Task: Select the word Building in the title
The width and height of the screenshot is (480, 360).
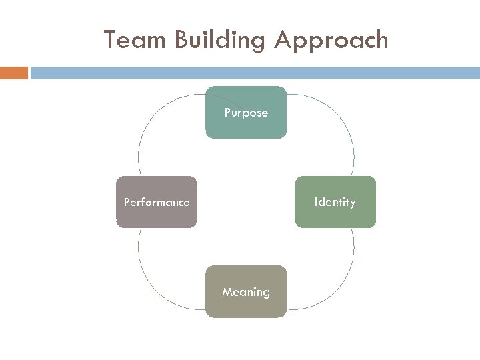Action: pos(220,41)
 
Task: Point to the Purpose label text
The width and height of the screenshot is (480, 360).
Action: pos(246,113)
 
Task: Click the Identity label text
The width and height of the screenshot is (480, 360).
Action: pos(335,202)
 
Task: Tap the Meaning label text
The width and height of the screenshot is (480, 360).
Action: pos(246,292)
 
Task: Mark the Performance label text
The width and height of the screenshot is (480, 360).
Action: pos(157,202)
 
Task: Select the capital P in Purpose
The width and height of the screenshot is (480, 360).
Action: pos(227,113)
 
